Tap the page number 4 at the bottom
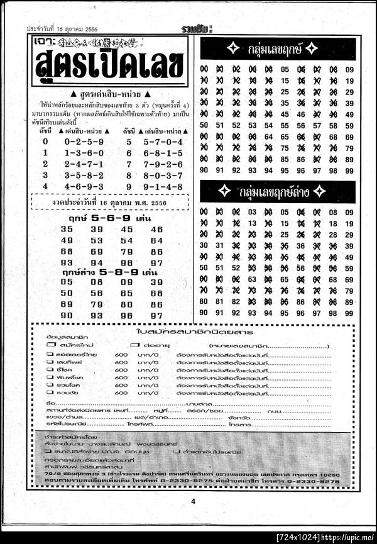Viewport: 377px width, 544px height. pyautogui.click(x=194, y=501)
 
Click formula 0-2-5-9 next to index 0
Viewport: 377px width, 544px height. pyautogui.click(x=84, y=142)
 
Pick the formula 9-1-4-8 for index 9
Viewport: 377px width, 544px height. pyautogui.click(x=163, y=186)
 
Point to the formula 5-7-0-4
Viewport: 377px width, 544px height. pyautogui.click(x=163, y=142)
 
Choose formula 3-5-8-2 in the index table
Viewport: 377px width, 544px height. pyautogui.click(x=84, y=175)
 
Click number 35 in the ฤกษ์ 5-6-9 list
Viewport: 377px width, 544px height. pyautogui.click(x=67, y=229)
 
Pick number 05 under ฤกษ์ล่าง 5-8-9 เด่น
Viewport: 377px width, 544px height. pyautogui.click(x=67, y=282)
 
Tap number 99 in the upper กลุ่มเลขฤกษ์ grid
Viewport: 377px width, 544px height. pyautogui.click(x=349, y=170)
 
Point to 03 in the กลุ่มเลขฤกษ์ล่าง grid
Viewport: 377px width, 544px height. pyautogui.click(x=253, y=213)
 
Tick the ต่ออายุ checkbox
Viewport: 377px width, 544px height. pyautogui.click(x=134, y=345)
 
